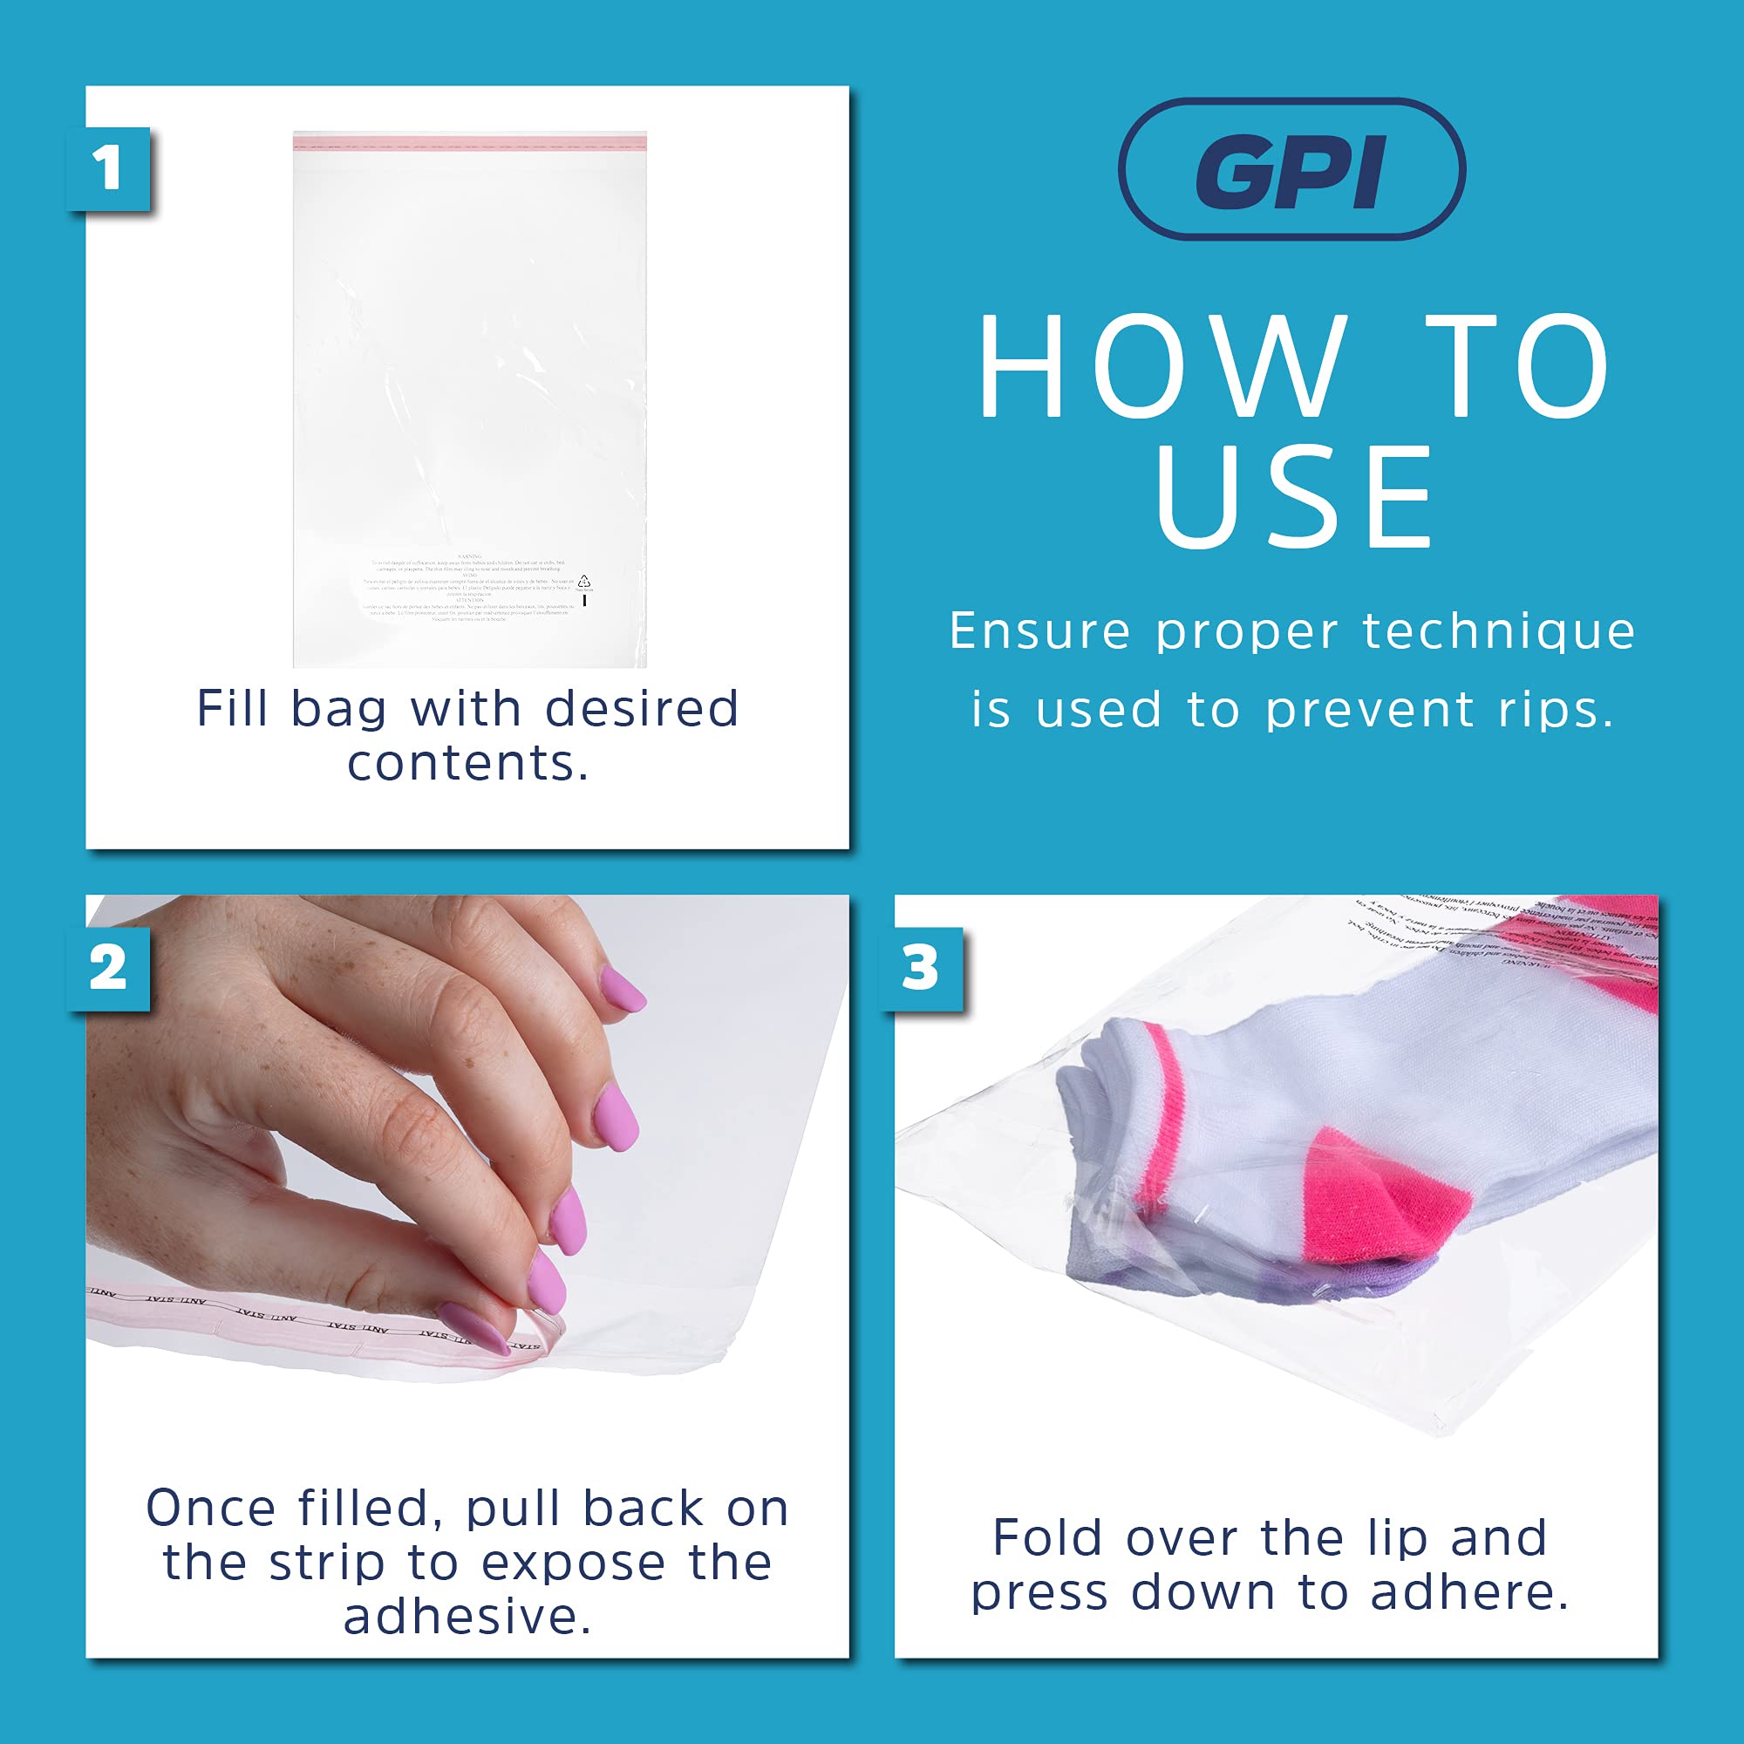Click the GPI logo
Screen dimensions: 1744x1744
pos(1291,170)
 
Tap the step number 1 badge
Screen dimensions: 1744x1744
pos(108,169)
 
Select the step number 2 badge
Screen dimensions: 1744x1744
pos(108,969)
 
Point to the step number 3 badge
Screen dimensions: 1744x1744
pos(920,969)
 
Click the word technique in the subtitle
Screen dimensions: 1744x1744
pos(1498,631)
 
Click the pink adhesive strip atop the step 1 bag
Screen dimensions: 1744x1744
pos(469,139)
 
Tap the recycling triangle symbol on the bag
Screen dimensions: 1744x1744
pos(584,581)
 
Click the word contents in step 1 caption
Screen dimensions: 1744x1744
pos(467,765)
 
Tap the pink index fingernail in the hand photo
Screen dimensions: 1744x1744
pos(546,1282)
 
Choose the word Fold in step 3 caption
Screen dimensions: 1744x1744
pos(1046,1538)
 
